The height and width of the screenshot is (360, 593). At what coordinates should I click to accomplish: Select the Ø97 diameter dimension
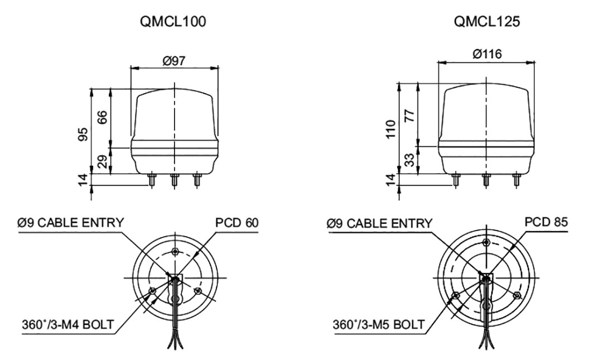(x=174, y=61)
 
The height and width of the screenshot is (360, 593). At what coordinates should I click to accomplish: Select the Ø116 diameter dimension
(x=486, y=54)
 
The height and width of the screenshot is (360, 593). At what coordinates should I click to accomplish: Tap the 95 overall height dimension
(x=83, y=135)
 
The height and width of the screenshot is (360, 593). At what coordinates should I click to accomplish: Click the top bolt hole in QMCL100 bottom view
(x=176, y=251)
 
